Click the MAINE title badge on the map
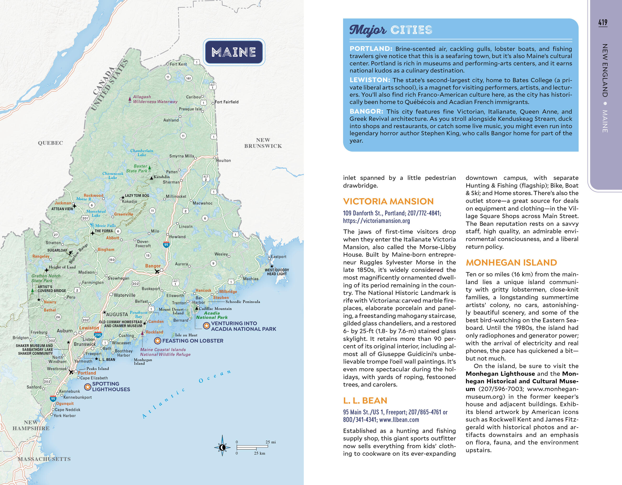coord(233,52)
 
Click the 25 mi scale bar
coord(252,446)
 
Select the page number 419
coord(603,22)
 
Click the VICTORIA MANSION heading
coord(388,202)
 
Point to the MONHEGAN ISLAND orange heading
coord(511,262)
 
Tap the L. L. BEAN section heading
coord(365,401)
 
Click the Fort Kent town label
coord(178,64)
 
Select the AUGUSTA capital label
coord(117,314)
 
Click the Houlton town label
coord(224,160)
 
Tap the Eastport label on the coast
coord(278,256)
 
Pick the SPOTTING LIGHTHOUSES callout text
coord(111,386)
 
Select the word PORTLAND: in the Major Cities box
coord(371,49)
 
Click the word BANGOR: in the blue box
coord(366,111)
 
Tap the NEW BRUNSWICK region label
coord(263,143)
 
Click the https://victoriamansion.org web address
coord(376,220)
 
